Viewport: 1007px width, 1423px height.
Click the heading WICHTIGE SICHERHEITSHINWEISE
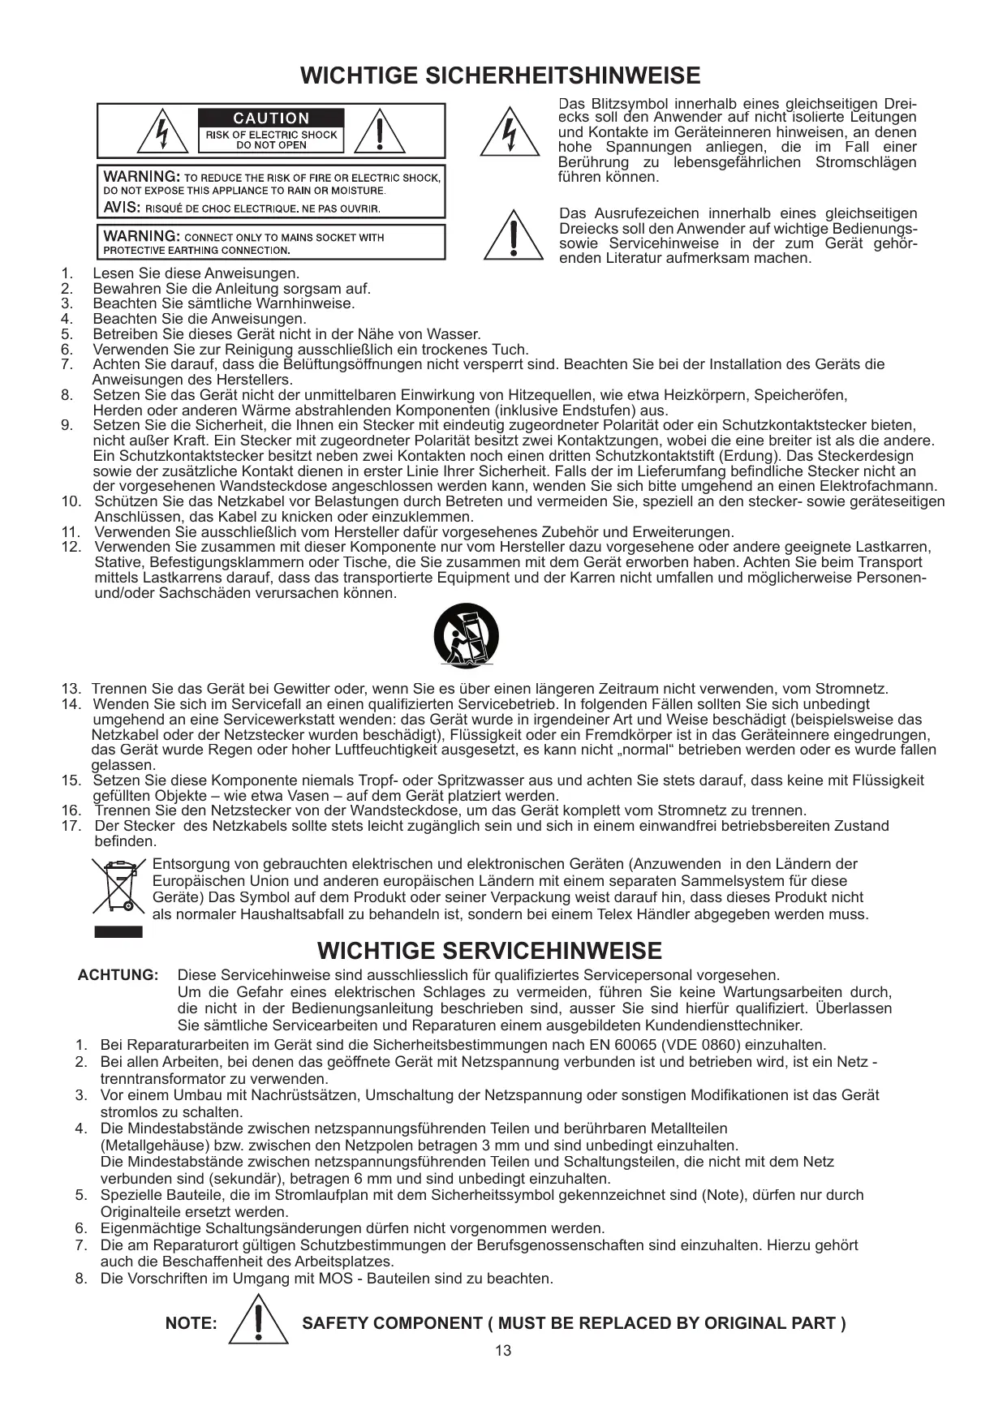point(500,76)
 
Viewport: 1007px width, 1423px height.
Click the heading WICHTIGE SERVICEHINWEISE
point(489,951)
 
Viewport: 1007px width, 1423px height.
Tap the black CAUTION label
point(271,118)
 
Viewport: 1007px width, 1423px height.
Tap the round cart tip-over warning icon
point(466,636)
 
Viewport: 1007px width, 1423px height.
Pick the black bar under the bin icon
point(118,931)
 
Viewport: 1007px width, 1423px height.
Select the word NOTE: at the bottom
point(192,1324)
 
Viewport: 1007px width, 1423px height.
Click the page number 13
point(503,1351)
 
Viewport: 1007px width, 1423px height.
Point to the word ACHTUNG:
point(118,975)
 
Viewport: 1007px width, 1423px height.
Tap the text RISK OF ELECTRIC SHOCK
point(271,135)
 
